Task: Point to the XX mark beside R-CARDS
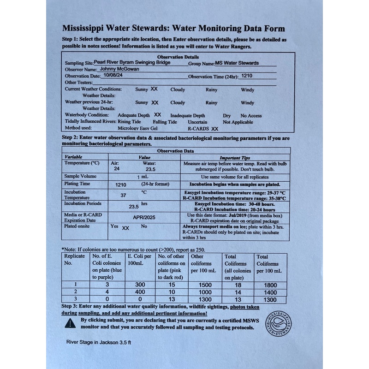click(x=214, y=129)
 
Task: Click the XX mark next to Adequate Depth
click(x=157, y=114)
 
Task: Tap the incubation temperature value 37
click(x=123, y=195)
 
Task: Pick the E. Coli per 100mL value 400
click(x=140, y=292)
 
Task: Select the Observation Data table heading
click(x=175, y=150)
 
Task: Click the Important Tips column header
click(x=235, y=157)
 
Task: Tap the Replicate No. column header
click(x=74, y=260)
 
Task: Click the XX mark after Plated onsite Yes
click(x=125, y=227)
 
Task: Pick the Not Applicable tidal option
click(x=238, y=122)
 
